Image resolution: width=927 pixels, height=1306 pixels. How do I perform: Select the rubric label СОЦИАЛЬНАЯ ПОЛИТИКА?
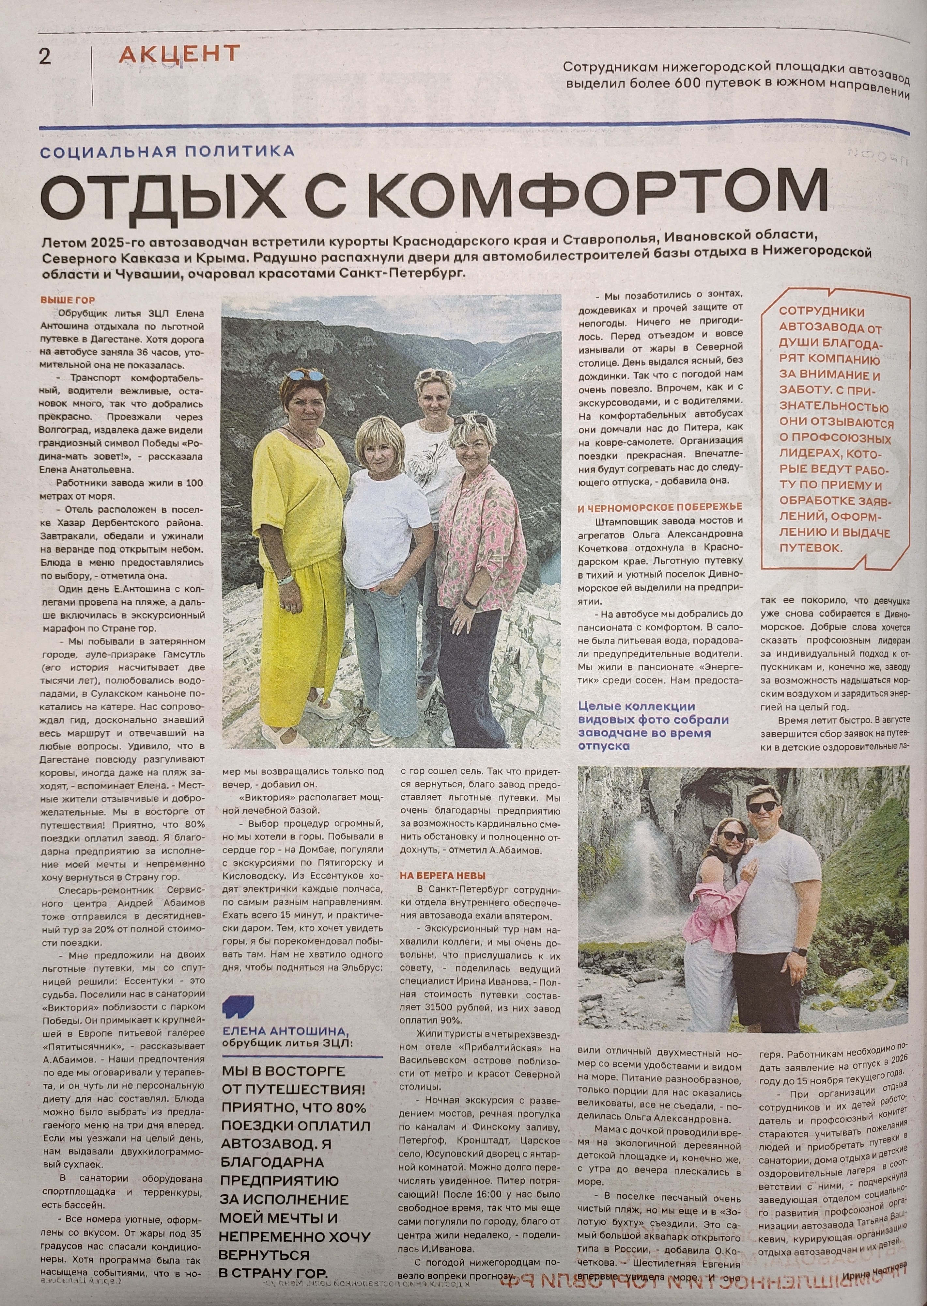point(168,151)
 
